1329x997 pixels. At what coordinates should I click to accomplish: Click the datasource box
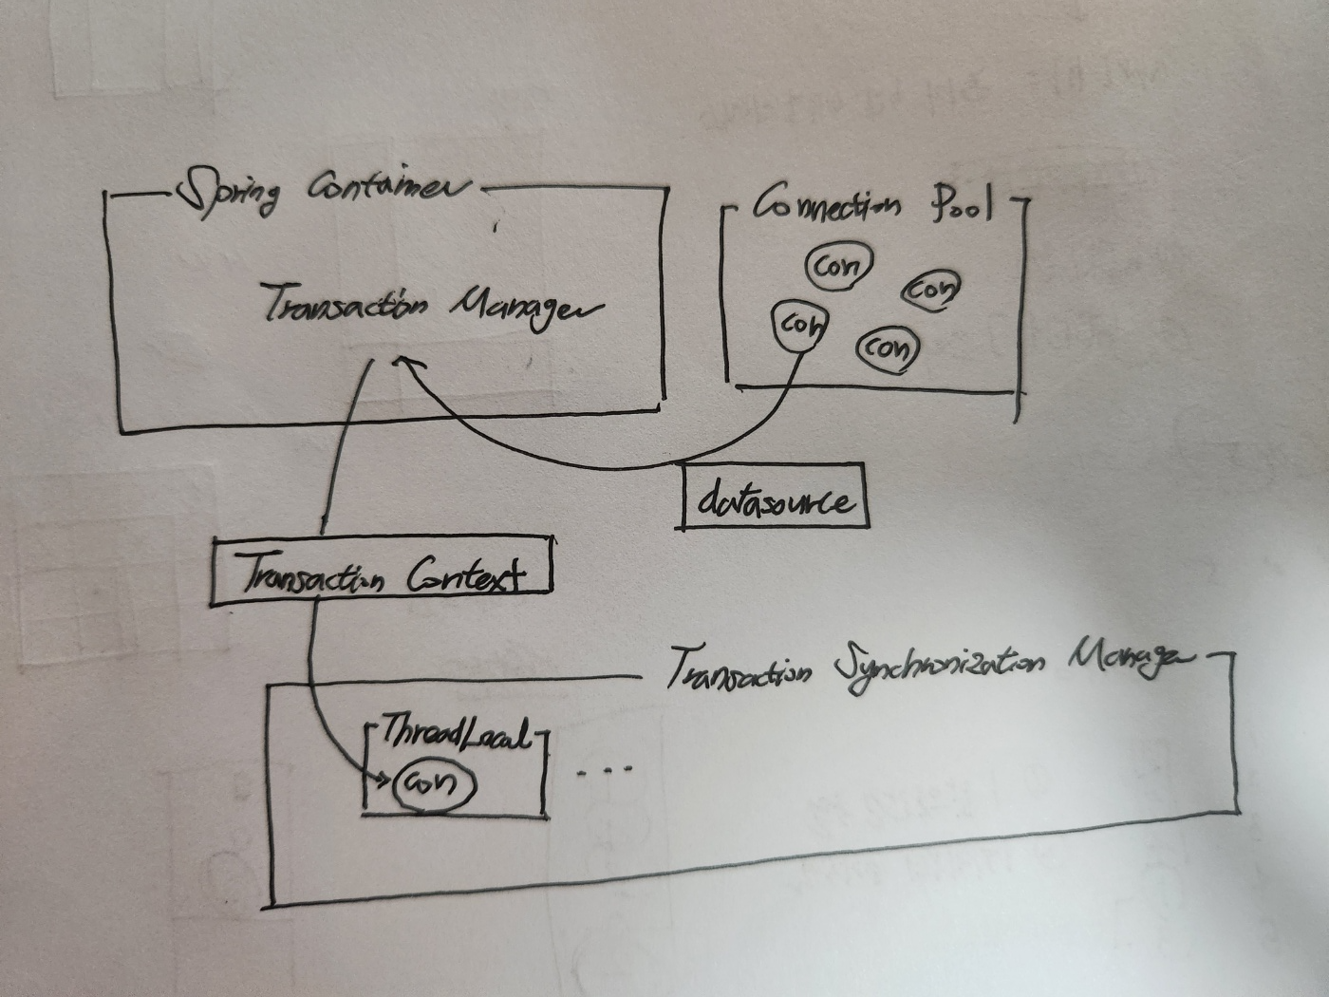coord(774,497)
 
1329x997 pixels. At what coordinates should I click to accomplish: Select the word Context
coord(465,575)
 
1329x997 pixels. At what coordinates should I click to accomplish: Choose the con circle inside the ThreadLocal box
coord(432,784)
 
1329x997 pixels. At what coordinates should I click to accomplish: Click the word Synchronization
coord(940,670)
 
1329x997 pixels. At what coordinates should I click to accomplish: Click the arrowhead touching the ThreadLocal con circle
coord(384,781)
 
